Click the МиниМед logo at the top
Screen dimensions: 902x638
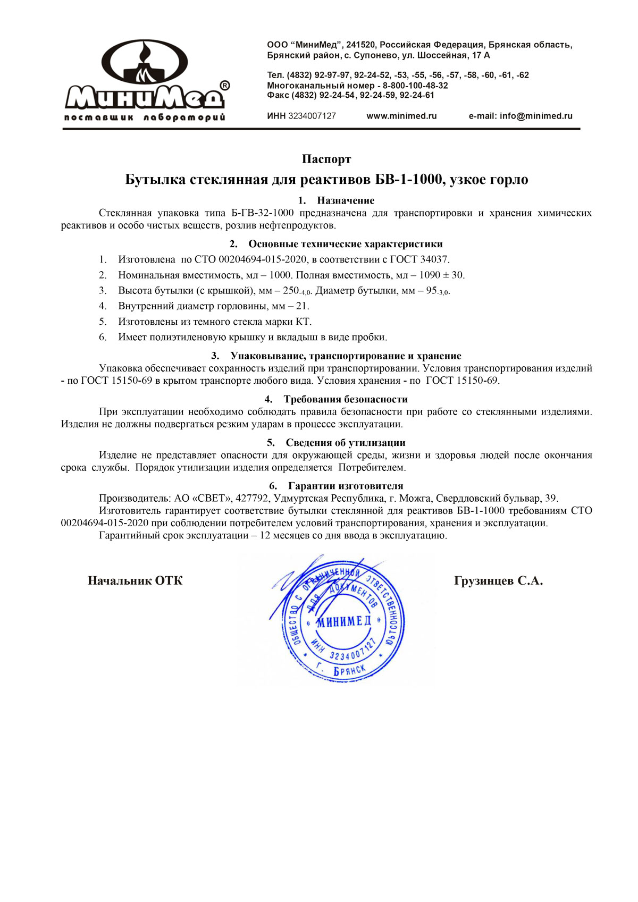[x=145, y=80]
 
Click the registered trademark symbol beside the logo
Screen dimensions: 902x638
[x=225, y=86]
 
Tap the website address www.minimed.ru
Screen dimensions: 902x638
[x=401, y=116]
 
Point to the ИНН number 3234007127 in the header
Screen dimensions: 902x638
[x=312, y=116]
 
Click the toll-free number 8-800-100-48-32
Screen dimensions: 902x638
[x=415, y=86]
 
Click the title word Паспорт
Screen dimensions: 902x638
[x=326, y=159]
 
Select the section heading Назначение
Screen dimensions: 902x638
[x=346, y=200]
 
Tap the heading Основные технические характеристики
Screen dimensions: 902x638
[x=346, y=244]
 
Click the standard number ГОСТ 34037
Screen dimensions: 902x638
[x=419, y=259]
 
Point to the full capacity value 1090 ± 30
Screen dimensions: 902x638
[x=441, y=275]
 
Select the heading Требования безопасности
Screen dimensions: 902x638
[x=346, y=399]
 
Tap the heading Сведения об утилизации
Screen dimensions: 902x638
[x=346, y=443]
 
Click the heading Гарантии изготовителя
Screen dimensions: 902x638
[x=346, y=486]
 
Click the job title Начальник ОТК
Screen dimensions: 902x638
[x=135, y=580]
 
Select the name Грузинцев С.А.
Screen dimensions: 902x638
[x=498, y=580]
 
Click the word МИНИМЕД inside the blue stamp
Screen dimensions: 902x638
[x=343, y=622]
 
